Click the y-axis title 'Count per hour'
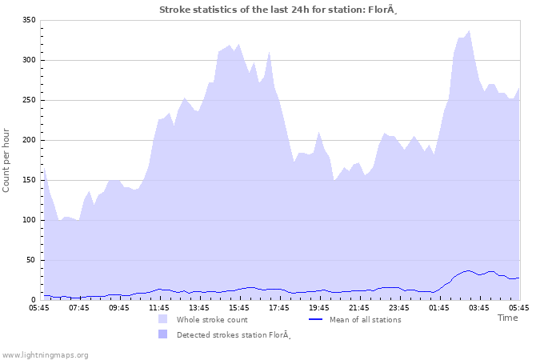pos(7,159)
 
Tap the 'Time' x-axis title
pos(507,318)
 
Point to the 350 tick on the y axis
pos(29,20)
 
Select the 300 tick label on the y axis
pos(29,60)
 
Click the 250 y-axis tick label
pos(29,100)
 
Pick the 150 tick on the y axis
pos(29,180)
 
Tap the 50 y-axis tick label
pos(31,260)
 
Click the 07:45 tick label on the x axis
pos(79,307)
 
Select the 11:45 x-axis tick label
pos(159,307)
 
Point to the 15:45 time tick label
pos(239,307)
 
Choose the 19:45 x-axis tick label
pos(319,307)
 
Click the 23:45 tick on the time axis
pos(399,307)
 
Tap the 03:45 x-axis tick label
pos(479,307)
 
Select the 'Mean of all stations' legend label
pos(366,319)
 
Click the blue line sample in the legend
pos(316,319)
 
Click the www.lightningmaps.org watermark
pos(45,354)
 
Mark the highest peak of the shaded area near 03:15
pos(469,31)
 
